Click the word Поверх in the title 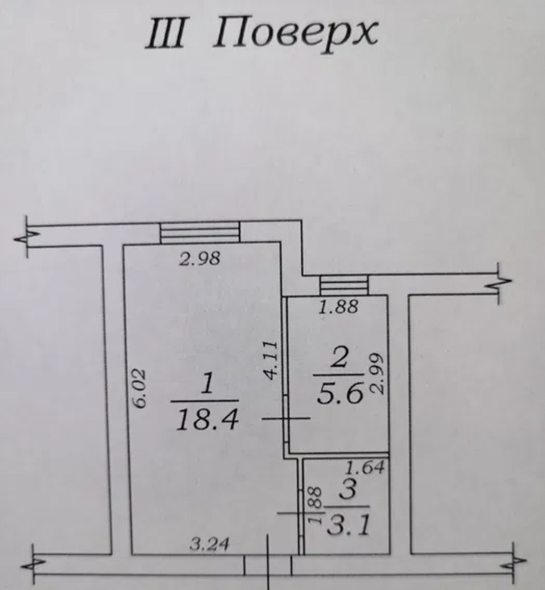tap(296, 34)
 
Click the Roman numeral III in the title tap(166, 33)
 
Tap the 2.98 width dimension tap(199, 259)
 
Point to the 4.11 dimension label tap(270, 360)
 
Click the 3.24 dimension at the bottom tap(210, 543)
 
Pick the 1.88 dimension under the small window tap(338, 307)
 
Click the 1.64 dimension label tap(365, 467)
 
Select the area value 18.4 tap(207, 420)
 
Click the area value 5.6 tap(340, 393)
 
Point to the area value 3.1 tap(349, 525)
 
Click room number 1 tap(207, 383)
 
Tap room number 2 tap(339, 357)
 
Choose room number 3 tap(347, 490)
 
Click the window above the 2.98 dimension tap(200, 233)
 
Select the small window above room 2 tap(344, 285)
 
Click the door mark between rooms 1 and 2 tap(286, 419)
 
